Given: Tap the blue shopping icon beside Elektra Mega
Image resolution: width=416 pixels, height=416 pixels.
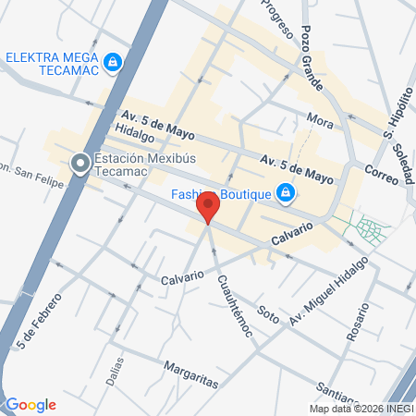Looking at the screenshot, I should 113,62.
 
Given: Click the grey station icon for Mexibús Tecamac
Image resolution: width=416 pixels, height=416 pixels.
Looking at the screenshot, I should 80,164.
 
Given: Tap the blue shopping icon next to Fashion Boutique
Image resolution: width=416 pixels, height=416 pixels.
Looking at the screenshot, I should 287,193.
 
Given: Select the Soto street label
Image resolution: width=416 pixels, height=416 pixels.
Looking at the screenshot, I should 268,315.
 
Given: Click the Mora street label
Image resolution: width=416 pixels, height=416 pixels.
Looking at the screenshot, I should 320,121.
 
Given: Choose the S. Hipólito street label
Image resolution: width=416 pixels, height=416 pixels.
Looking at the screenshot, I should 398,112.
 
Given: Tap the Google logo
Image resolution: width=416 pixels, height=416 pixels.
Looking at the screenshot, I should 31,405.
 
